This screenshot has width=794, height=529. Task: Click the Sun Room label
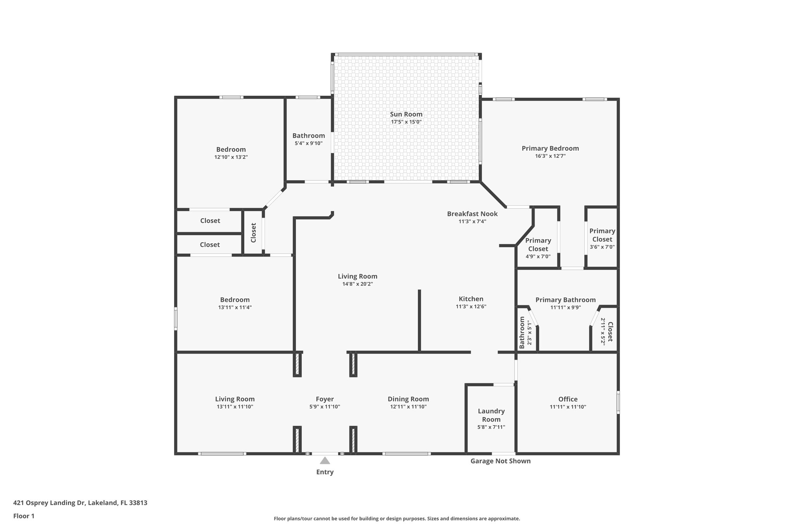tap(406, 114)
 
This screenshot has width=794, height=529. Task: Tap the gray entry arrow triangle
tap(325, 461)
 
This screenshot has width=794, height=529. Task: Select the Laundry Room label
tap(491, 415)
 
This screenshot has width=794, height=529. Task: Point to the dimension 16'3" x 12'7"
tap(550, 156)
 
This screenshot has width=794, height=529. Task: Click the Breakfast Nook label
tap(472, 214)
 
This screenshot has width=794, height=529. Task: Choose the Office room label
tap(568, 399)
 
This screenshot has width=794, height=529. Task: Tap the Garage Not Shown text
tap(500, 461)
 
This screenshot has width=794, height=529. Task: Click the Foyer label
tap(325, 399)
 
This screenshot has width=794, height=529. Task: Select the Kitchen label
tap(471, 299)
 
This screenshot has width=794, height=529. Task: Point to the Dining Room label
tap(408, 399)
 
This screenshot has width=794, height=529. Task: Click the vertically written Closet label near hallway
tap(254, 233)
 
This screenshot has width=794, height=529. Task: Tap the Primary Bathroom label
tap(565, 300)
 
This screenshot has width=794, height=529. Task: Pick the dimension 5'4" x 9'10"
tap(309, 143)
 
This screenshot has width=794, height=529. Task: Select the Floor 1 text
tap(24, 516)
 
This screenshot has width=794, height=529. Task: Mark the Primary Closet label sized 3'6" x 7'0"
tap(602, 235)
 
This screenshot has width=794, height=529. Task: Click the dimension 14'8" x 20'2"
tap(357, 284)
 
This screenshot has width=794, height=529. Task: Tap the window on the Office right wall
tap(618, 402)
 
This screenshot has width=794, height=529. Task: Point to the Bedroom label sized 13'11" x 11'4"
tap(235, 300)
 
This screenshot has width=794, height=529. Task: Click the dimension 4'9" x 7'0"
tap(538, 257)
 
